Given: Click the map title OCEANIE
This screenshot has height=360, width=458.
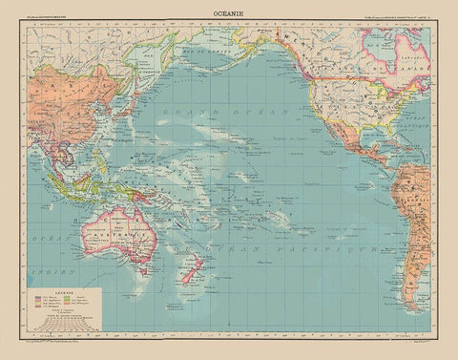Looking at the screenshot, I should pos(228,12).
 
